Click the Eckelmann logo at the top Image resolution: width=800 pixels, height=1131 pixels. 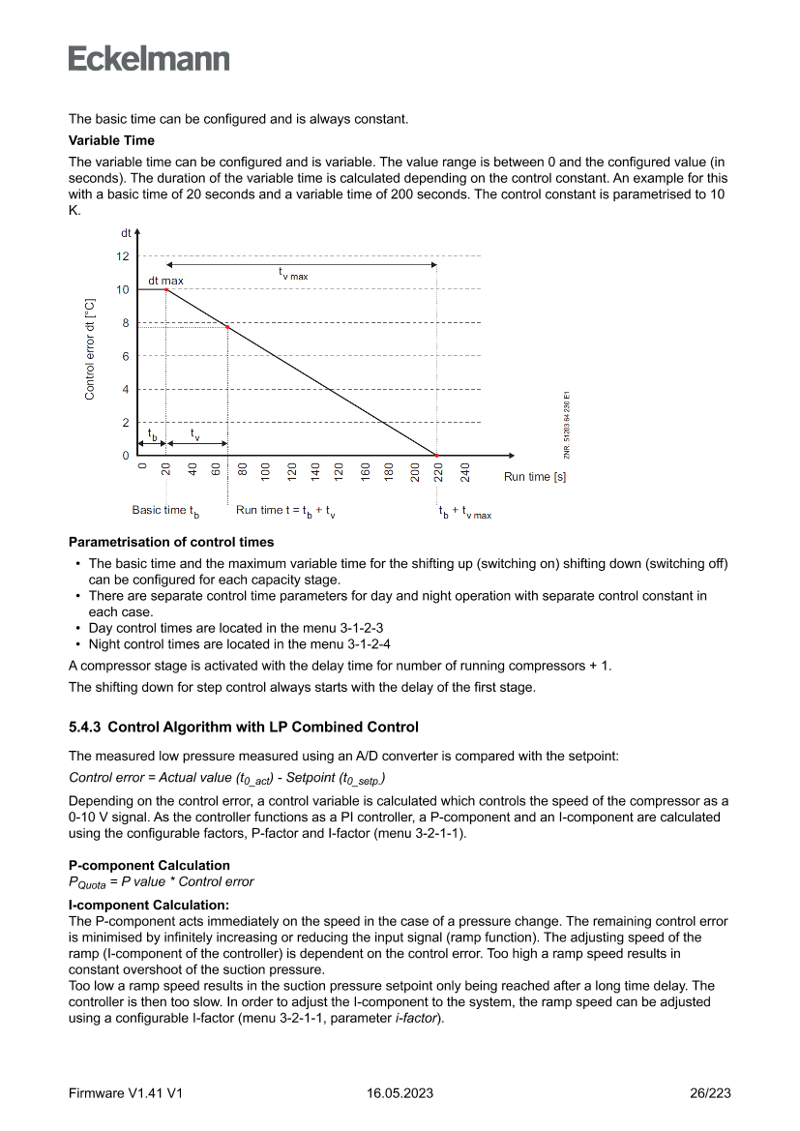[x=149, y=58]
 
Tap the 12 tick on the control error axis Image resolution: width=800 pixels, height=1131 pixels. [x=122, y=256]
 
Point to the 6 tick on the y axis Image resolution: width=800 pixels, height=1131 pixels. [x=125, y=356]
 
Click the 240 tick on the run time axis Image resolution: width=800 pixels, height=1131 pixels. [x=464, y=472]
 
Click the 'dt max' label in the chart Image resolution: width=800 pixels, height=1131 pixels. [x=165, y=281]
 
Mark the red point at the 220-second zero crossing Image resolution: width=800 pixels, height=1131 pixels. [x=436, y=455]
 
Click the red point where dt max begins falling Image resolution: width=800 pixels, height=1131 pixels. [x=166, y=289]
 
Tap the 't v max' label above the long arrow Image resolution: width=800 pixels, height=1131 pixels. [x=292, y=275]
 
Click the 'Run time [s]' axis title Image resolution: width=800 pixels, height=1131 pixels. [x=534, y=477]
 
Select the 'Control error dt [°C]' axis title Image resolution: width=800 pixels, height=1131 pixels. [x=90, y=349]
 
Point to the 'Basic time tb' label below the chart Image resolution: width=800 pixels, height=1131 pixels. [x=164, y=511]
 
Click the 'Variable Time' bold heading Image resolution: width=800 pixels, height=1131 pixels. [x=111, y=141]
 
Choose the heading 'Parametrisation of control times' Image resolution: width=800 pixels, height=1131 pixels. [x=171, y=542]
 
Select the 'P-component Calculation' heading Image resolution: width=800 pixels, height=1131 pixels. [x=149, y=865]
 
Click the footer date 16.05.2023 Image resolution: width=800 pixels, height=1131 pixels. [x=400, y=1093]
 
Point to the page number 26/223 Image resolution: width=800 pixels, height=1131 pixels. [x=709, y=1093]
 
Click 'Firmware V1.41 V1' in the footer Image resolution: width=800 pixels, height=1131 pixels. [x=126, y=1093]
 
